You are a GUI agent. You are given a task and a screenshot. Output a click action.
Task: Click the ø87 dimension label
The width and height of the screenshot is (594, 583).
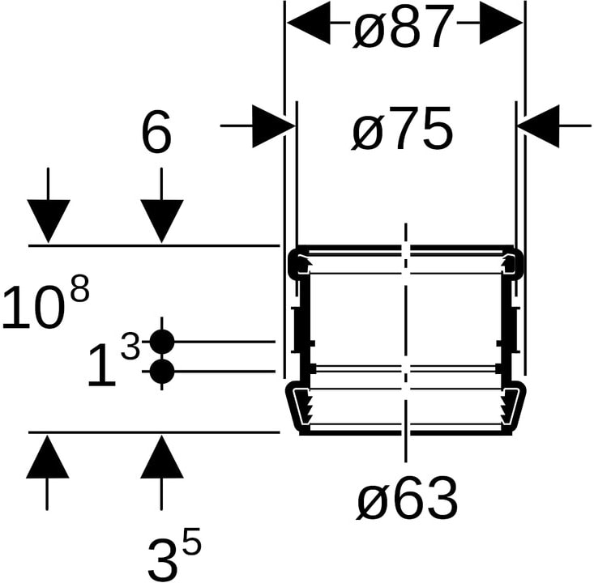click(x=403, y=28)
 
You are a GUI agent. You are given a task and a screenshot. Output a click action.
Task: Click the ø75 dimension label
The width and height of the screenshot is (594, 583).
click(x=402, y=128)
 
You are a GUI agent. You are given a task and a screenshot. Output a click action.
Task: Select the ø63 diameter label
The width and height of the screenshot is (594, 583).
click(x=407, y=498)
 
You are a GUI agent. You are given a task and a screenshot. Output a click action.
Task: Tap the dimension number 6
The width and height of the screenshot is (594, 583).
click(x=156, y=134)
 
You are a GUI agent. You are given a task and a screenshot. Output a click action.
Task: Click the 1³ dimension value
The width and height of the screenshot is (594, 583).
click(x=113, y=359)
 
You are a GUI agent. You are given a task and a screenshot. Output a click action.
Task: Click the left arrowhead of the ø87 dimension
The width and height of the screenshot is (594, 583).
click(x=309, y=23)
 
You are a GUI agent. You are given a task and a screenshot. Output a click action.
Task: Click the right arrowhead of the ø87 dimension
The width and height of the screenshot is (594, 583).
click(x=501, y=23)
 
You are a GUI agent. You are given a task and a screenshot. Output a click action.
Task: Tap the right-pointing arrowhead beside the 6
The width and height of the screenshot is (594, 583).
click(x=274, y=126)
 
